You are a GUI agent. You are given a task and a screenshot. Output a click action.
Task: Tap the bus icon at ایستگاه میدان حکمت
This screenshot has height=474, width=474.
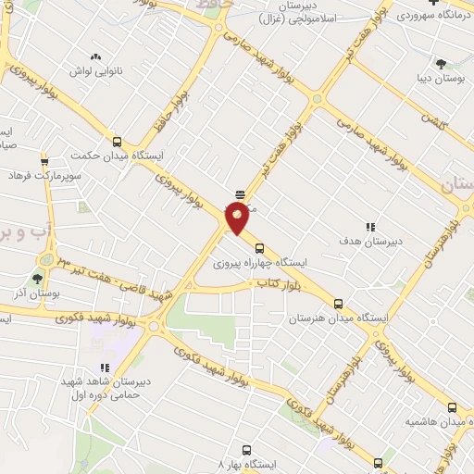coord(117,142)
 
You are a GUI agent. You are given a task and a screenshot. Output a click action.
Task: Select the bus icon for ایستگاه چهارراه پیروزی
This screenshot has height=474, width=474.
coord(259,247)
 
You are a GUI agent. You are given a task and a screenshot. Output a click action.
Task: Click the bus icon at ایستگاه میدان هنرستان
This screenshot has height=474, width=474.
coord(338,303)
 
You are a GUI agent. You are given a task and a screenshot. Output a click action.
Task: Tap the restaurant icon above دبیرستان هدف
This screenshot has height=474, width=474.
coord(370,226)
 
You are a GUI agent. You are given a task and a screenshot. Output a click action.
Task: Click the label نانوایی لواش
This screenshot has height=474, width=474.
coord(95,70)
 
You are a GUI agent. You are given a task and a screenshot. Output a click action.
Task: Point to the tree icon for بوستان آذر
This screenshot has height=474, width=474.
coord(38,277)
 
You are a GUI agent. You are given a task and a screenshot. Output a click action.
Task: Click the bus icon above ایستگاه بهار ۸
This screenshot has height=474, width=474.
coord(246,446)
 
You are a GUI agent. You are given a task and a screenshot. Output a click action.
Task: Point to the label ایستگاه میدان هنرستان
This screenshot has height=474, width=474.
coord(336,318)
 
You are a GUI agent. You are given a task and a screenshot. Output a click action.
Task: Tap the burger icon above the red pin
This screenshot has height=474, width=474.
coord(241,194)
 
